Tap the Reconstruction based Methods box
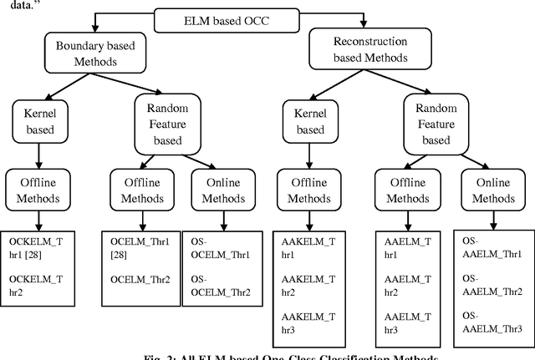coord(359,49)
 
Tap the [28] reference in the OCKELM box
coord(43,253)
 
